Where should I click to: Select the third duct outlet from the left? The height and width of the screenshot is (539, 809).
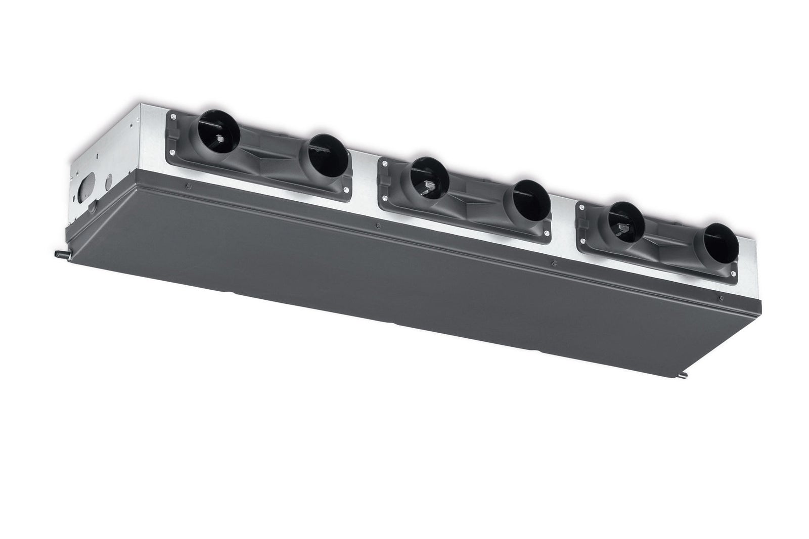(429, 177)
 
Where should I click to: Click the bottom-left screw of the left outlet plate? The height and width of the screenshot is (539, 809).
(174, 154)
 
